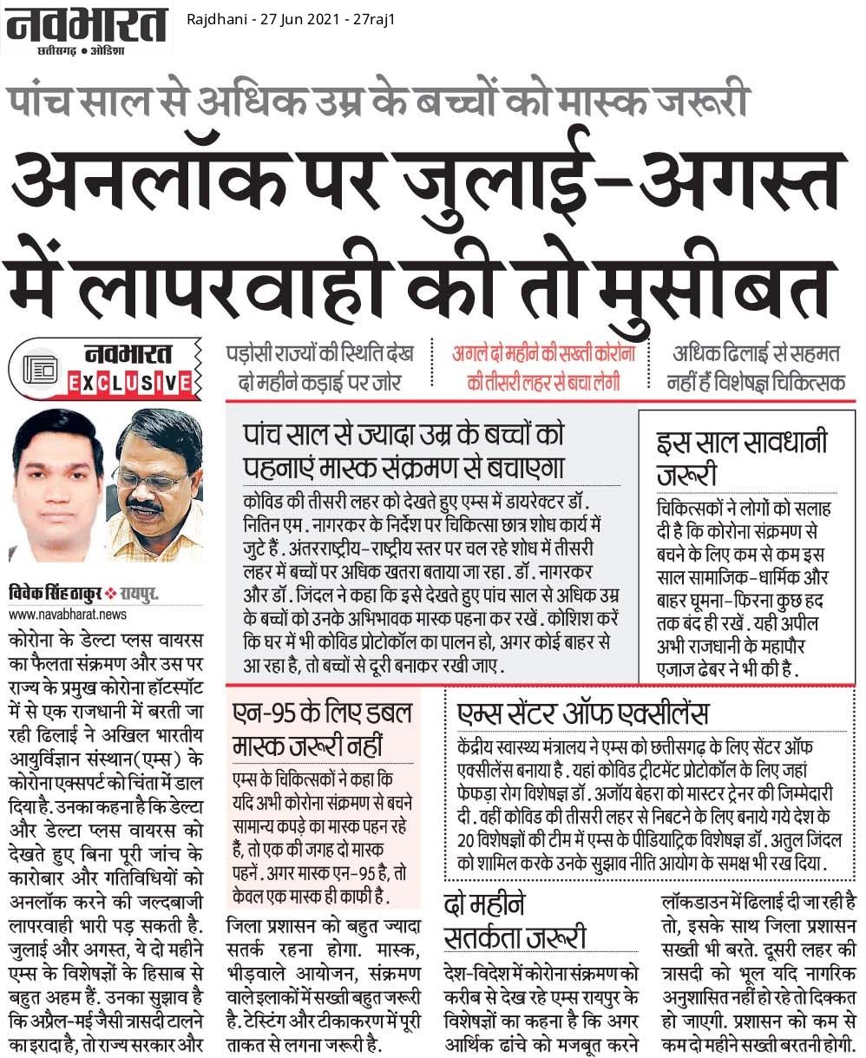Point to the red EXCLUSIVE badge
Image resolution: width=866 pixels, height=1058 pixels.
pos(130,381)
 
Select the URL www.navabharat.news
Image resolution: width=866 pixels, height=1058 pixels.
pos(69,614)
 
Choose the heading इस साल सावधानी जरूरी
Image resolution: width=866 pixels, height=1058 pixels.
pos(742,461)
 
